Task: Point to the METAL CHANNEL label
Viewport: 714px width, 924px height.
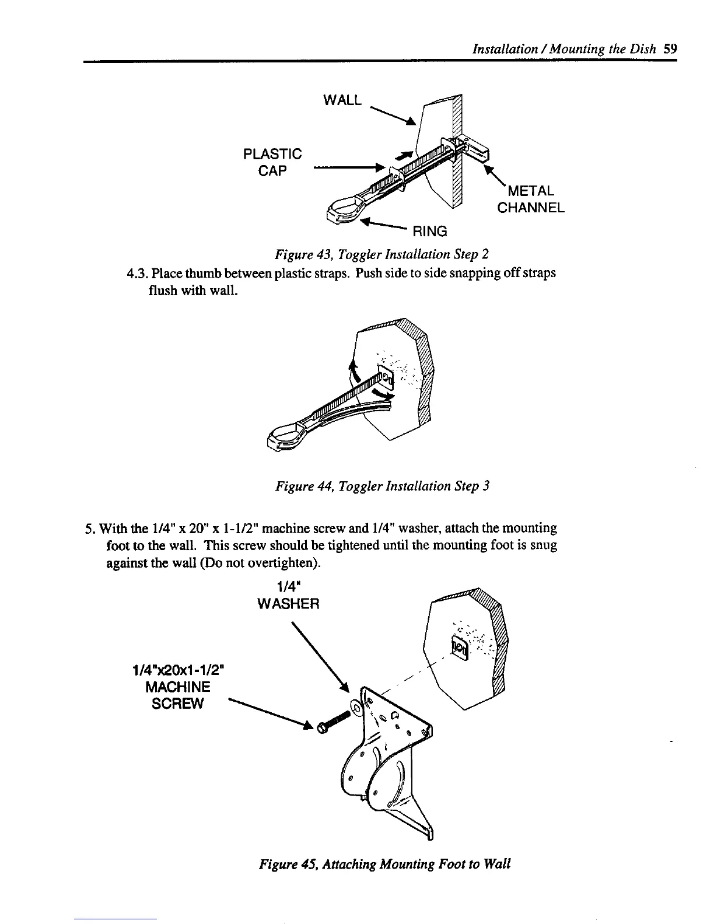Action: point(530,199)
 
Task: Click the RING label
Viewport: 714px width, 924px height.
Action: point(430,232)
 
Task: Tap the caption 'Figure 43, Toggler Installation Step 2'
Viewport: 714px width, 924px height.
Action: point(381,254)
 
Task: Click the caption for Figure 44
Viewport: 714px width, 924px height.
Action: point(382,486)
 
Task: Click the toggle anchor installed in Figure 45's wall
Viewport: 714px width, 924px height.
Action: point(459,646)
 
